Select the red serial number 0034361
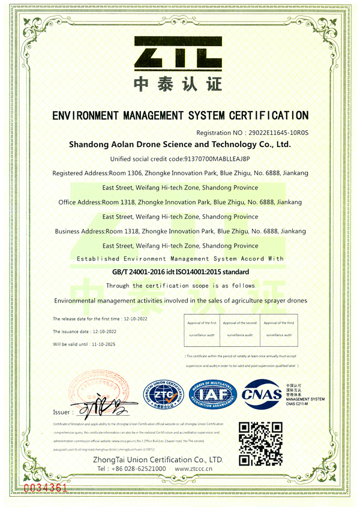[x=45, y=486]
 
